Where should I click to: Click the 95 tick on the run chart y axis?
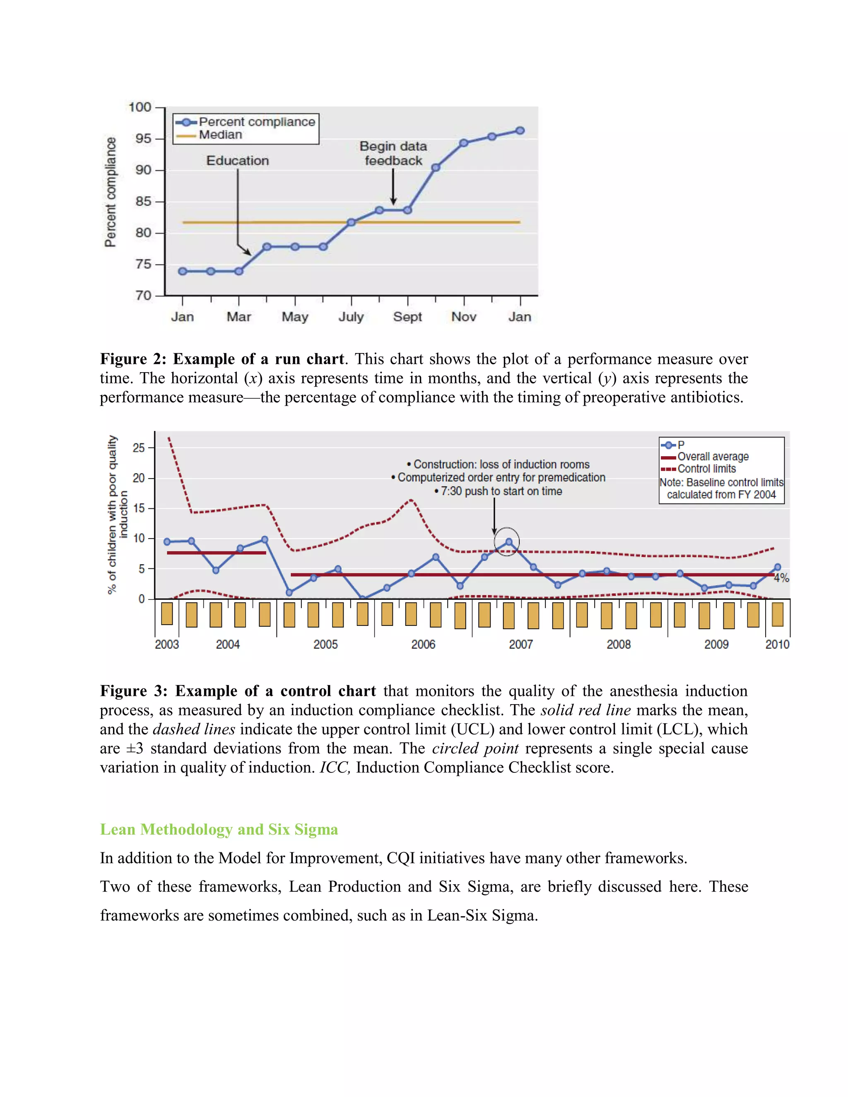(x=143, y=139)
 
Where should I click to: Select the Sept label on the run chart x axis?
(x=407, y=317)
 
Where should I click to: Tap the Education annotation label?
(x=238, y=161)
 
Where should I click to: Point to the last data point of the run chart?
(x=520, y=130)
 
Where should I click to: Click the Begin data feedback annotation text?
(x=393, y=153)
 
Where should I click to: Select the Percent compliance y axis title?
(x=110, y=192)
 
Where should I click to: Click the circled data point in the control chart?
(x=508, y=542)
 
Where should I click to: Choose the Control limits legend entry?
(x=706, y=469)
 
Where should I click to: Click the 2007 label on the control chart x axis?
(x=520, y=645)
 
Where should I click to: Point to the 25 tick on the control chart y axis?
(x=138, y=447)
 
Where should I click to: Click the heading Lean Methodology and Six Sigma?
(x=219, y=829)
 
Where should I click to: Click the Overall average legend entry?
(x=712, y=457)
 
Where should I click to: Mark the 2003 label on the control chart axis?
(x=167, y=645)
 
